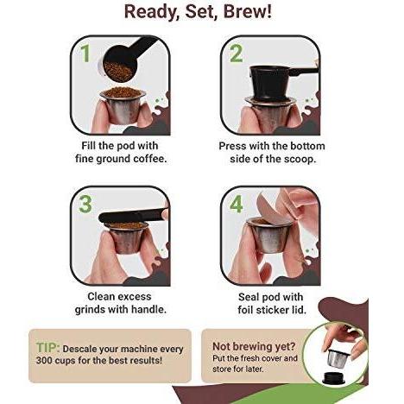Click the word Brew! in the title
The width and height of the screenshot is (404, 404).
tap(248, 12)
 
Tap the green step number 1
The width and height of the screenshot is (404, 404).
tap(85, 54)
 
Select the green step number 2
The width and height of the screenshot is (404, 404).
tap(236, 54)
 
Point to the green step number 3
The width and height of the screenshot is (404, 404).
tap(85, 204)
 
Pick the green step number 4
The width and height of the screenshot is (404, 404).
tap(237, 204)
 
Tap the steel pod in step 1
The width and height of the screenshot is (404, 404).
tap(122, 106)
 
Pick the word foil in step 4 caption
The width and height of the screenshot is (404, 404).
tap(245, 310)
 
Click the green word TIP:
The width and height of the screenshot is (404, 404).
tap(47, 348)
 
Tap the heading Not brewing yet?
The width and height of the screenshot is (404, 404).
tap(254, 346)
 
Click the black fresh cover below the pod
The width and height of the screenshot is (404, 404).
tap(334, 378)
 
